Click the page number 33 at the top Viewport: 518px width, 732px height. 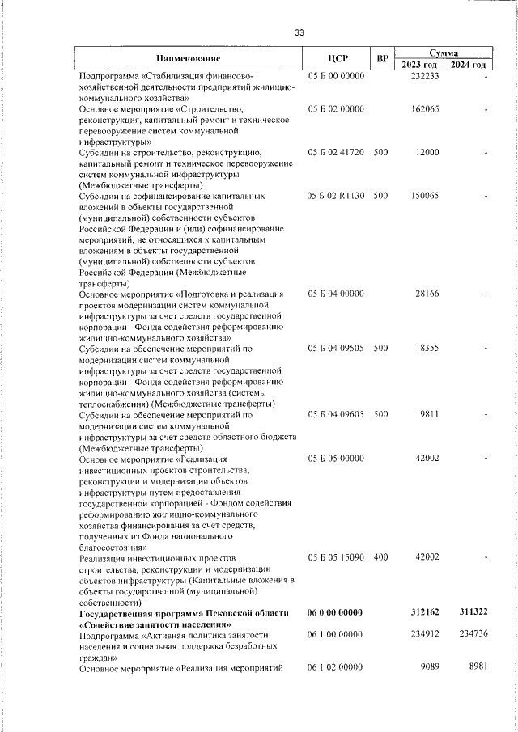[299, 32]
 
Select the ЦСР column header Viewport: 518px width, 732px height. [338, 58]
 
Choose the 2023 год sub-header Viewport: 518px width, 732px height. [420, 65]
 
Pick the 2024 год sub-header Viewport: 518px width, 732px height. [468, 65]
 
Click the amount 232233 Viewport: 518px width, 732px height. [424, 76]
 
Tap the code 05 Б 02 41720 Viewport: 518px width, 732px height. [336, 152]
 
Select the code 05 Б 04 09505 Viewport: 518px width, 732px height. [336, 349]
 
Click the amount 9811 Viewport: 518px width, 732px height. [429, 414]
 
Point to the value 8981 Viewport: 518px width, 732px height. [474, 666]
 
